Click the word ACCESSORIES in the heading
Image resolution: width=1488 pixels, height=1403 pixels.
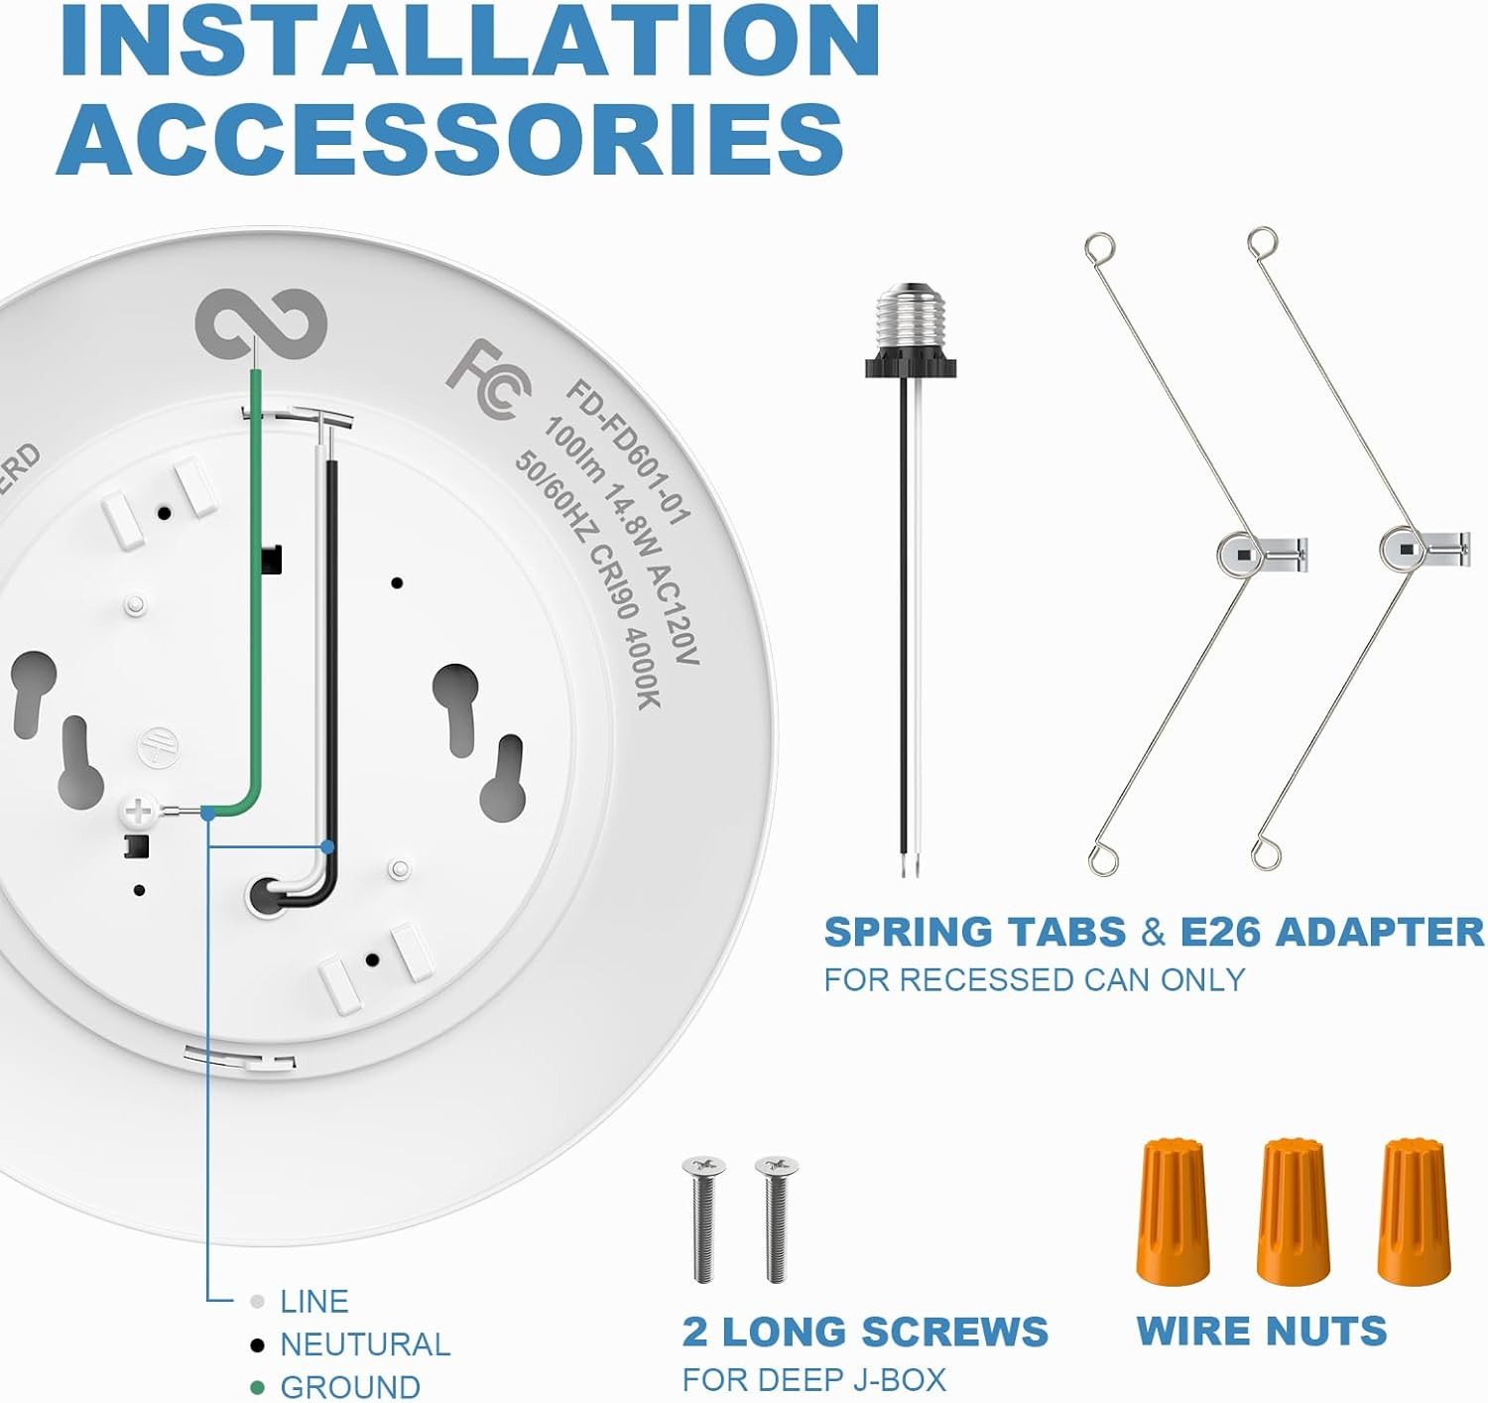coord(450,140)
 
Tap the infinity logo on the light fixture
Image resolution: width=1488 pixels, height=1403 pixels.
coord(261,323)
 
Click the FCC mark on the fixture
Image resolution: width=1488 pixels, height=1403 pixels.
coord(489,379)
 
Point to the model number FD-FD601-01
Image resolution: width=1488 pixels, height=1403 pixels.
coord(627,451)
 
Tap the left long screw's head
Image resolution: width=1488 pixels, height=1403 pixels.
coord(703,1165)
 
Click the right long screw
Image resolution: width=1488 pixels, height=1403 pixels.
coord(776,1218)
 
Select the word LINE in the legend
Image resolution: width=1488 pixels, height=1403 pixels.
coord(313,1302)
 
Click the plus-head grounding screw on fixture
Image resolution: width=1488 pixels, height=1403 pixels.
coord(138,811)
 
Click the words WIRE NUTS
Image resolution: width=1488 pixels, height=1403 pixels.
coord(1262,1331)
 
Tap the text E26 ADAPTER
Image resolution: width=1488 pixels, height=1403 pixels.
coord(1332,933)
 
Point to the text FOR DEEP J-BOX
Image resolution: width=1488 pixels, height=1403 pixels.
coord(814,1379)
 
